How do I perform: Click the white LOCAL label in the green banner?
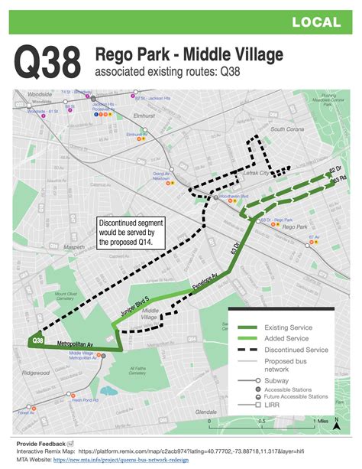[x=315, y=24]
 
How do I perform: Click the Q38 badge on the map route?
[x=36, y=340]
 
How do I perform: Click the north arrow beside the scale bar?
[x=335, y=426]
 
